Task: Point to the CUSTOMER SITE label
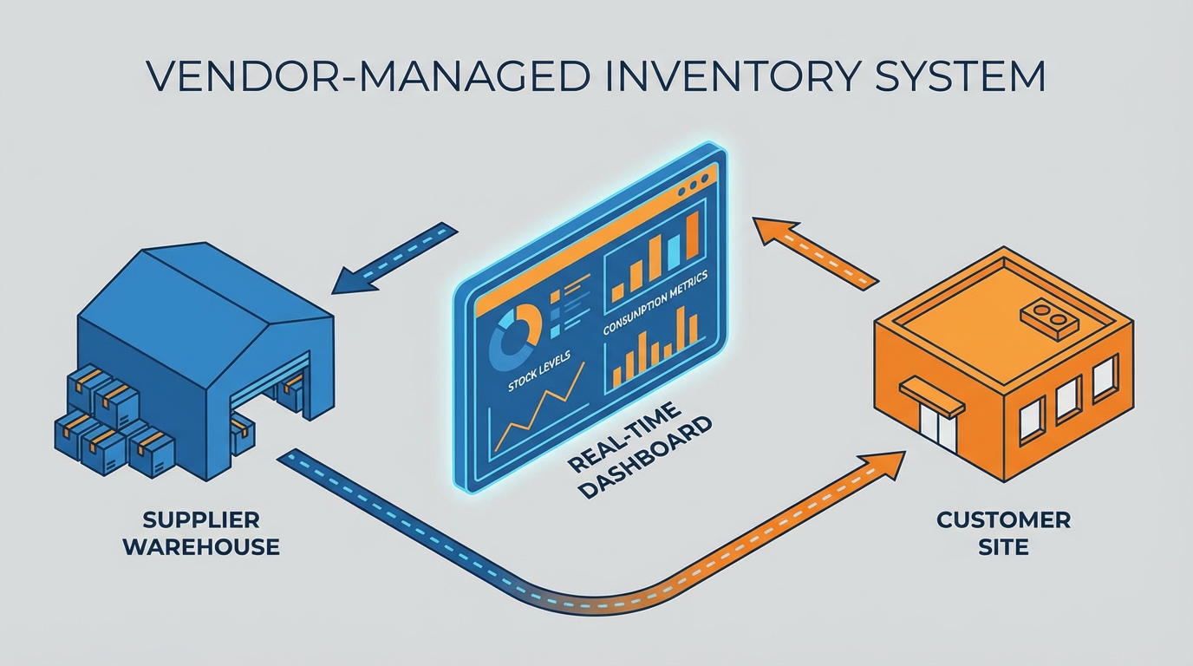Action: coord(1003,533)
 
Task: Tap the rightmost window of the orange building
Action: coord(1103,380)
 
